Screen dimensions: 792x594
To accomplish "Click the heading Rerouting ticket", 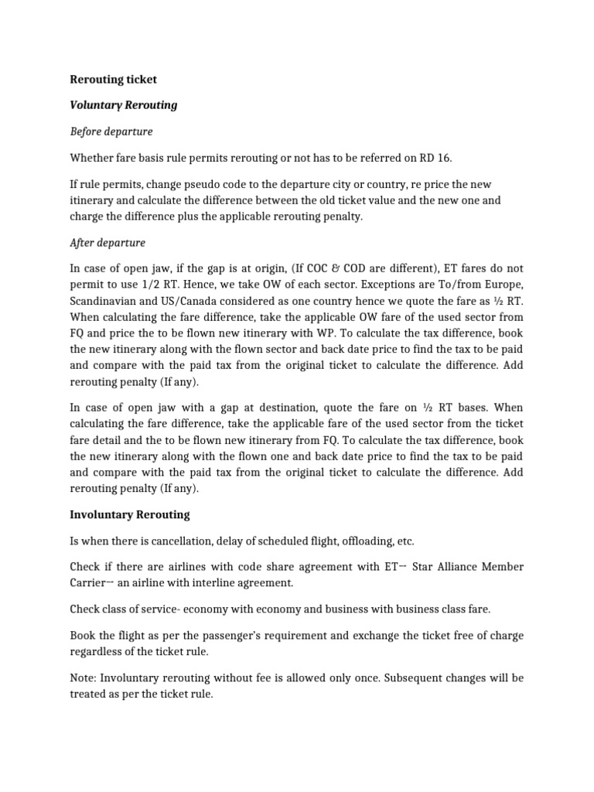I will [113, 79].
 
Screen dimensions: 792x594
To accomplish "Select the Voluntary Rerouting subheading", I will [124, 104].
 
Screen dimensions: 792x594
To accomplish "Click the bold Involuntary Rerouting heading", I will [130, 514].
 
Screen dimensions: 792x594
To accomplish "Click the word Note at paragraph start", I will [84, 678].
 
